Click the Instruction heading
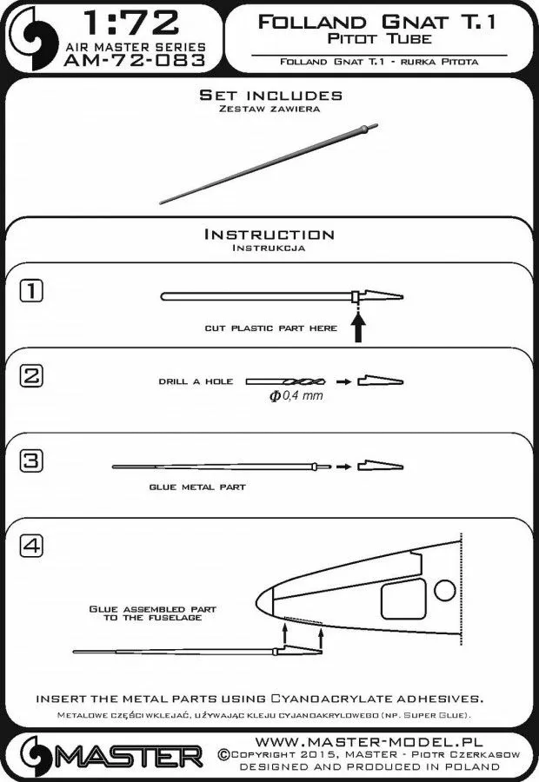click(x=269, y=235)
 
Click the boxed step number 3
click(x=30, y=461)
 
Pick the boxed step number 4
click(x=30, y=547)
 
